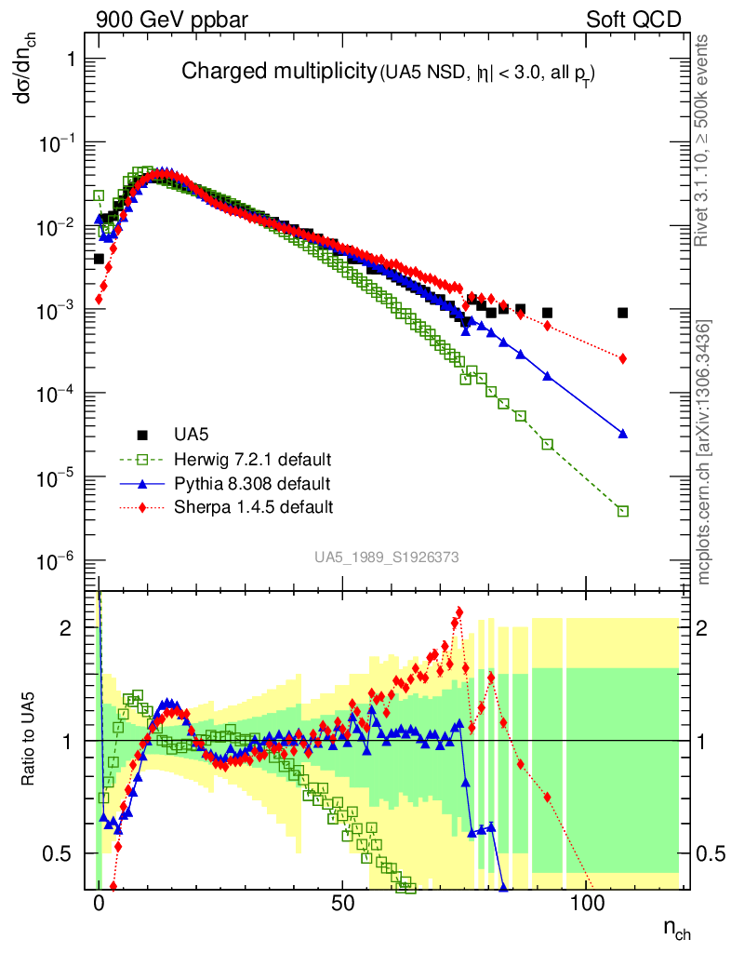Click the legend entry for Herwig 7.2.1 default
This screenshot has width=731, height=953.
pos(253,461)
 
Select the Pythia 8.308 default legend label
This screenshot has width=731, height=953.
pos(251,484)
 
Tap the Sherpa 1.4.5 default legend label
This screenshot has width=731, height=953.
pos(253,507)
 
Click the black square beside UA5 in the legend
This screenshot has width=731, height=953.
pos(143,435)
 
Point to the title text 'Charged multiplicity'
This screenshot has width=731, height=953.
pos(277,72)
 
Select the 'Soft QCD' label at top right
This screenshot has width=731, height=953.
pos(633,19)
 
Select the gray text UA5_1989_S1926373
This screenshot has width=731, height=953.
pos(386,557)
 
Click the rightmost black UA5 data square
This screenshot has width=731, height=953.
pos(622,313)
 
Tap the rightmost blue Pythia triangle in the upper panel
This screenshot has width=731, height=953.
pos(622,434)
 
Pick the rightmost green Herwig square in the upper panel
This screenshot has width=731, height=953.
pos(622,511)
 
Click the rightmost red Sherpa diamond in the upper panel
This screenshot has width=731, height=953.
pos(622,358)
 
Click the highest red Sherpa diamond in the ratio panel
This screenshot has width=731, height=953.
pos(458,611)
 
